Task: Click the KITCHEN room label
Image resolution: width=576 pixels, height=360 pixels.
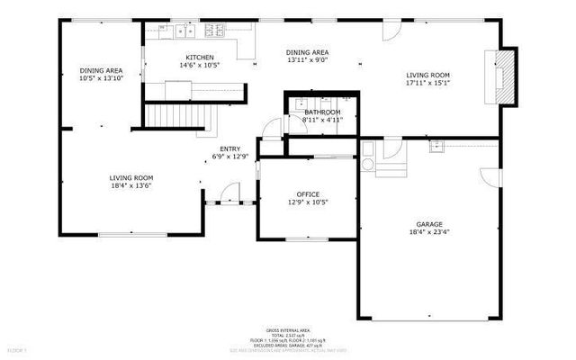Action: point(199,57)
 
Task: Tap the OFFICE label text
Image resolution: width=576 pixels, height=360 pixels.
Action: point(309,194)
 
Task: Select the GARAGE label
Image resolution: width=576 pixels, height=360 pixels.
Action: point(429,224)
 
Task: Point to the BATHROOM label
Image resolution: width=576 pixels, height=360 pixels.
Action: point(321,112)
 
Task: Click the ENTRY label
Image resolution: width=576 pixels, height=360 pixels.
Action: point(229,148)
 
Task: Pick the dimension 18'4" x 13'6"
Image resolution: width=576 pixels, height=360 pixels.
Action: point(130,186)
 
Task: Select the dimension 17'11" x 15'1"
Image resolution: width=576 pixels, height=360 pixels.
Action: point(427,84)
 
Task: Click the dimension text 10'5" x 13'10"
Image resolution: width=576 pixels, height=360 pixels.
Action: point(101,78)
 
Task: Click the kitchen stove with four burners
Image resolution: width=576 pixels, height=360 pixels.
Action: point(214,31)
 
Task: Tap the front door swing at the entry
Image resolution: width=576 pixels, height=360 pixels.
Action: point(231,193)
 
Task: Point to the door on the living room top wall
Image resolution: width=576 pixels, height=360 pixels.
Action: point(391,30)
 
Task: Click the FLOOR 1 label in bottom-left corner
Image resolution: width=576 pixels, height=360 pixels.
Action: point(17,347)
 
